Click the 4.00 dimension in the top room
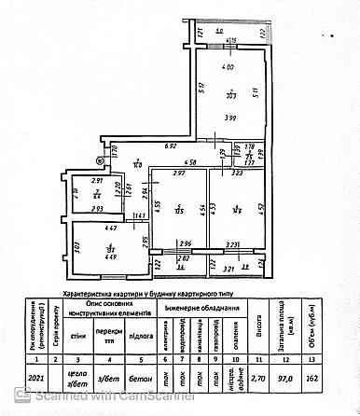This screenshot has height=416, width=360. [228, 69]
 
